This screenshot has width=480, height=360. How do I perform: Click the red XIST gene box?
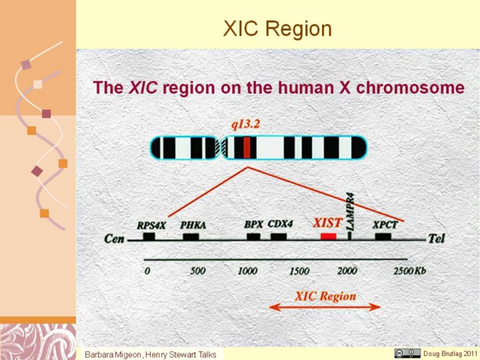click(x=329, y=237)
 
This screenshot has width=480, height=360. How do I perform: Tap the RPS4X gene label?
click(x=151, y=225)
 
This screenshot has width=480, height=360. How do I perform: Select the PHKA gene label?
click(x=193, y=225)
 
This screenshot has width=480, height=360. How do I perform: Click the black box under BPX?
click(x=253, y=237)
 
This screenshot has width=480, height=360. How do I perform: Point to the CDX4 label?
click(x=280, y=224)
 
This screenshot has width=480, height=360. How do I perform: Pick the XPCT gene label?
click(x=385, y=225)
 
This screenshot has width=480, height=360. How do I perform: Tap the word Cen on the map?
click(x=114, y=239)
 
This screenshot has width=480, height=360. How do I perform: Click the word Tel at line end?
click(x=436, y=238)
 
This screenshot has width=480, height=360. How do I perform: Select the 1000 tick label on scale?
click(x=247, y=271)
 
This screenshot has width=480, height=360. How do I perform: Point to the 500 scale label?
click(x=198, y=271)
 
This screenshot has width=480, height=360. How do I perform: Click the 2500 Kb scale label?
click(x=409, y=271)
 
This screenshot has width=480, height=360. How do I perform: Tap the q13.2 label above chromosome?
click(x=245, y=125)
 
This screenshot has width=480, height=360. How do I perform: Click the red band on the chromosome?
click(x=247, y=147)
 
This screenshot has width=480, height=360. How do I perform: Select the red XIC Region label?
click(x=326, y=296)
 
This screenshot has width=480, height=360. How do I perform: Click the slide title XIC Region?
click(x=277, y=29)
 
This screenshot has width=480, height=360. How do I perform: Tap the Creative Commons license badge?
click(x=407, y=353)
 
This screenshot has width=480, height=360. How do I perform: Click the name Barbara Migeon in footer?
click(x=113, y=355)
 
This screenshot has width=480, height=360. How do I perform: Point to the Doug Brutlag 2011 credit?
click(x=450, y=353)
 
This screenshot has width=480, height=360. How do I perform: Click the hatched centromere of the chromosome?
click(x=221, y=147)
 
